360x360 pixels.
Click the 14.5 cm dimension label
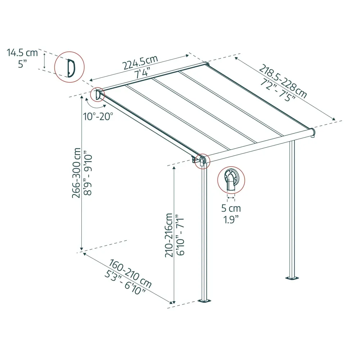[x=22, y=53]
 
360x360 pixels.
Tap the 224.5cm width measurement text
[x=140, y=62]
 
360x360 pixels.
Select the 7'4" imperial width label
[x=142, y=73]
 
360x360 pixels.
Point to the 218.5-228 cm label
[x=283, y=81]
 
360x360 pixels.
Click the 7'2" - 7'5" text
[x=278, y=90]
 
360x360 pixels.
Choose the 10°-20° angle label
[x=98, y=116]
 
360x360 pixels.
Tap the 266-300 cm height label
[x=76, y=173]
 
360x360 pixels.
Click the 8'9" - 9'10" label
[x=88, y=173]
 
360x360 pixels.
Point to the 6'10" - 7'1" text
[x=180, y=235]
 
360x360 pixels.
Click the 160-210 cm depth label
[x=130, y=274]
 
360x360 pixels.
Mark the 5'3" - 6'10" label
[x=125, y=282]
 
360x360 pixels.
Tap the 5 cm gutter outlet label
[x=231, y=208]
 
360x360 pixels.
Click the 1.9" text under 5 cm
[x=231, y=220]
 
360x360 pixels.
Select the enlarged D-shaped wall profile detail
[x=69, y=67]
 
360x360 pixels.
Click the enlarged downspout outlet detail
[x=231, y=180]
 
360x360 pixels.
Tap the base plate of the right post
[x=292, y=278]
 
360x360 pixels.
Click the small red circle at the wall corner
[x=97, y=94]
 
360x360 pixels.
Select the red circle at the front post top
[x=202, y=161]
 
